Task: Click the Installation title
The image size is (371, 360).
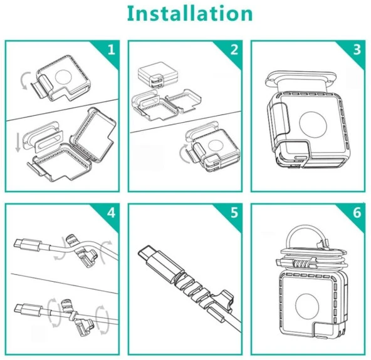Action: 190,14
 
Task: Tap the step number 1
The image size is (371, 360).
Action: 112,49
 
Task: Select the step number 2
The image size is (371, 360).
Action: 234,49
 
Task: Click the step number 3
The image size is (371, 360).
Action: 357,49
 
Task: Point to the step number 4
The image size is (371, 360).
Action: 111,212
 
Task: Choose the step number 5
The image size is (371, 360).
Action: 234,212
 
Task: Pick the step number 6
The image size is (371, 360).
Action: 357,212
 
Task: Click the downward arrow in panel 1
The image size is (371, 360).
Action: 18,143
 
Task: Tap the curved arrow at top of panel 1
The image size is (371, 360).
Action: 24,81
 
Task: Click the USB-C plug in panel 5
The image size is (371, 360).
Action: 159,262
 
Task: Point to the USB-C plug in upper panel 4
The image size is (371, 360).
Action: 28,245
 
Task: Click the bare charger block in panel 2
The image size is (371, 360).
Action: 157,76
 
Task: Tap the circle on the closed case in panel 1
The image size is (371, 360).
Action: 63,77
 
